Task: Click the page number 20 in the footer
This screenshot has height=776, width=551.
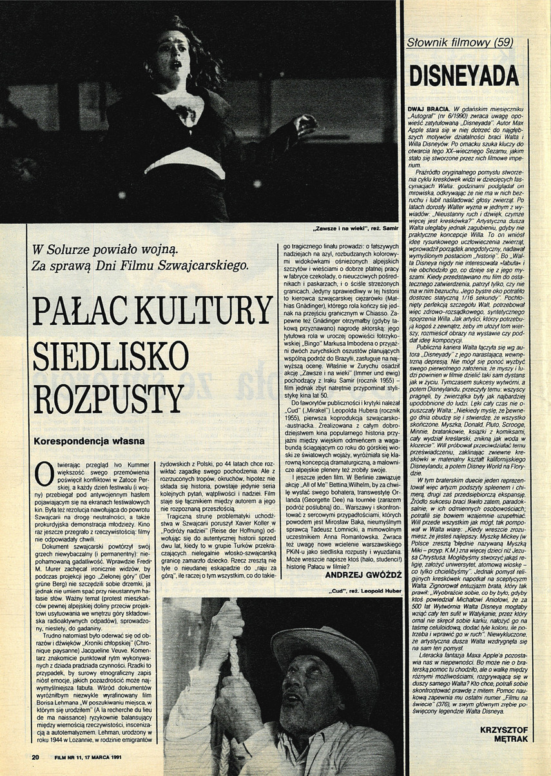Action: pos(36,756)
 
